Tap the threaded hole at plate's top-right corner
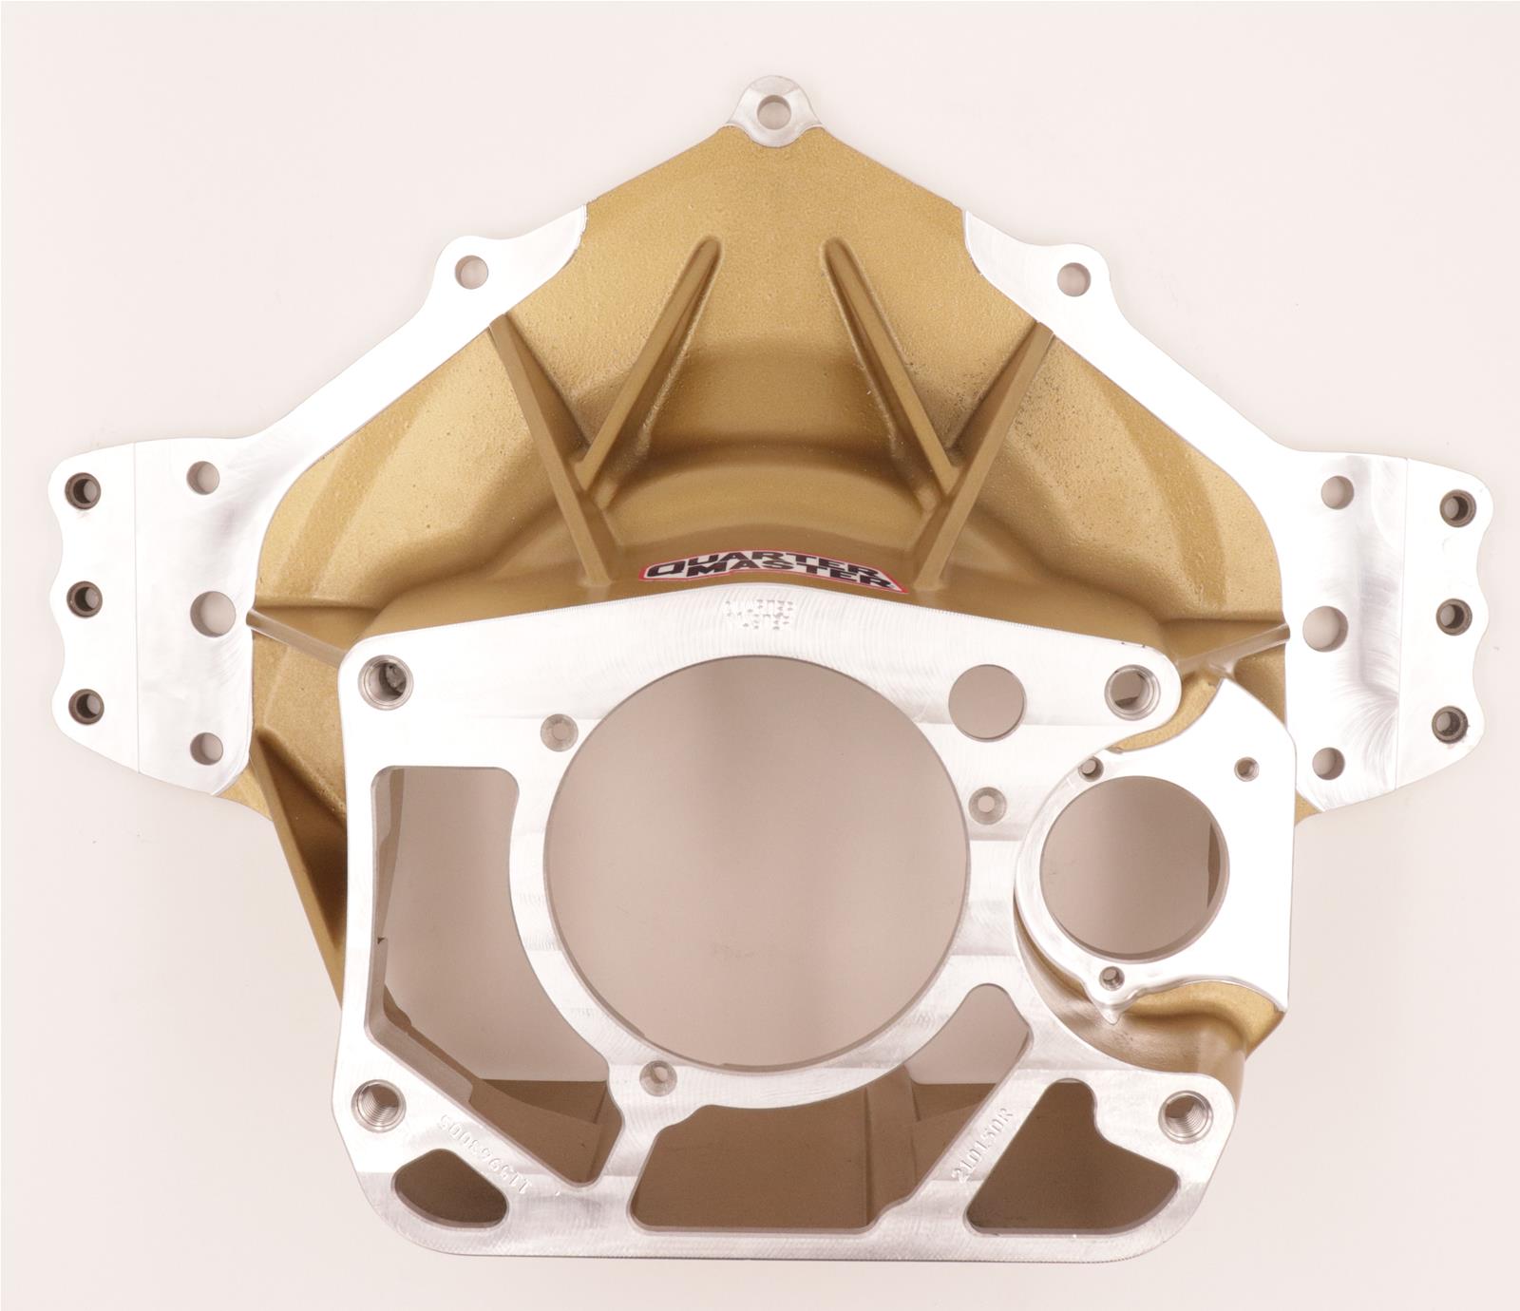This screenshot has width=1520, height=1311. pos(1128,683)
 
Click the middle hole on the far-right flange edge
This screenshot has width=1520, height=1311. pos(1452,615)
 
